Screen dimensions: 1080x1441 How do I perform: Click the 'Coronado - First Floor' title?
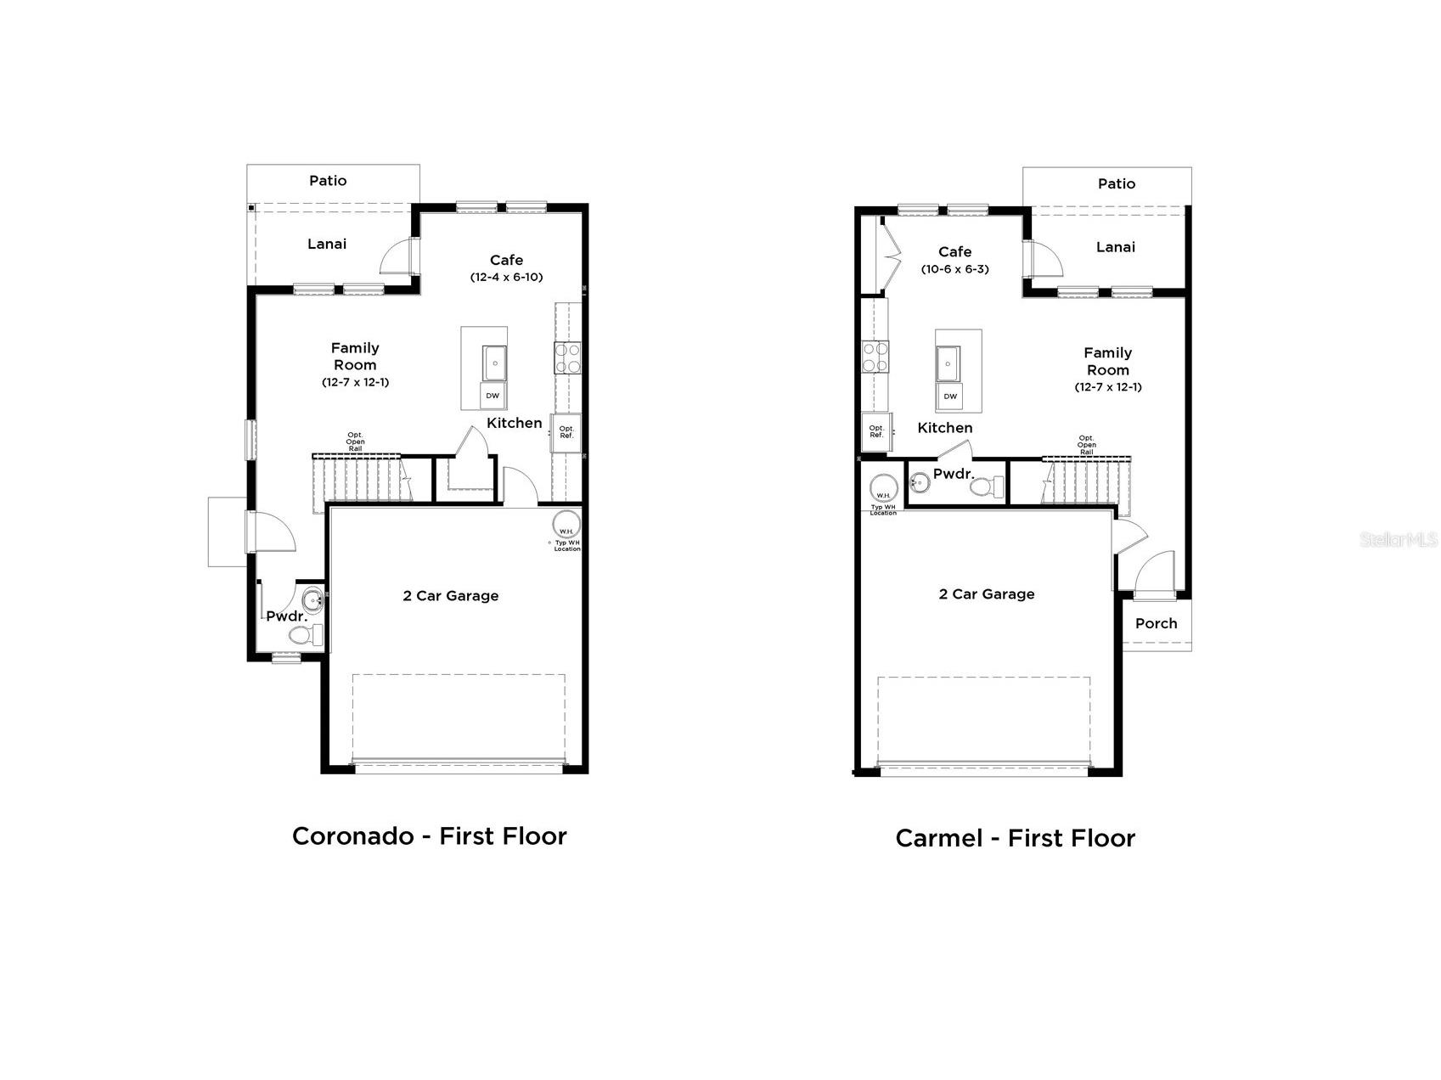[x=429, y=836]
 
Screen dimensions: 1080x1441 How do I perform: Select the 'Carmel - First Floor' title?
[x=1015, y=839]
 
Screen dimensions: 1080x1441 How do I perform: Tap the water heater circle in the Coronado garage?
[x=566, y=525]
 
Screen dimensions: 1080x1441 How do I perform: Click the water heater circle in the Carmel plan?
[x=883, y=489]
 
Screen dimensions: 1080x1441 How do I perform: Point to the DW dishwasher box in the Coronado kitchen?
[x=493, y=396]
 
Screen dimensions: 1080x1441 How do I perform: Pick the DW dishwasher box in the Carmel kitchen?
[x=950, y=397]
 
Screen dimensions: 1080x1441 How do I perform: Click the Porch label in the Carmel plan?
[x=1156, y=623]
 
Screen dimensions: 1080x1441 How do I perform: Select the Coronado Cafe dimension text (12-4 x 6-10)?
[x=506, y=277]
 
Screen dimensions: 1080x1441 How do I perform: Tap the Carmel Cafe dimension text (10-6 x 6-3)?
[x=954, y=269]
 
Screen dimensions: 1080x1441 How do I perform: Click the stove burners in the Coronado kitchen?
[x=567, y=357]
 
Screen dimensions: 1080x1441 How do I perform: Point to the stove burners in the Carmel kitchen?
[x=875, y=357]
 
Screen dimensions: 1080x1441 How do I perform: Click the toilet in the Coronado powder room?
[x=305, y=635]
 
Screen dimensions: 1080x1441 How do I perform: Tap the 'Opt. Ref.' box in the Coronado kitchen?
[x=566, y=432]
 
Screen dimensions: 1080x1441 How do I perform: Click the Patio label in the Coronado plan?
[x=328, y=180]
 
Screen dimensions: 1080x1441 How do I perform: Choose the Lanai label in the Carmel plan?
[x=1115, y=247]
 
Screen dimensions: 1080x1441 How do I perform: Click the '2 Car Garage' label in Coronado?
[x=450, y=596]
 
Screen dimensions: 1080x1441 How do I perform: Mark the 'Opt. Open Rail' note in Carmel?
[x=1086, y=445]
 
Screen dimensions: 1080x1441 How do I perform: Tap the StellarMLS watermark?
[x=1399, y=539]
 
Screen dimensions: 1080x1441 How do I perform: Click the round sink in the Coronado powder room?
[x=312, y=600]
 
